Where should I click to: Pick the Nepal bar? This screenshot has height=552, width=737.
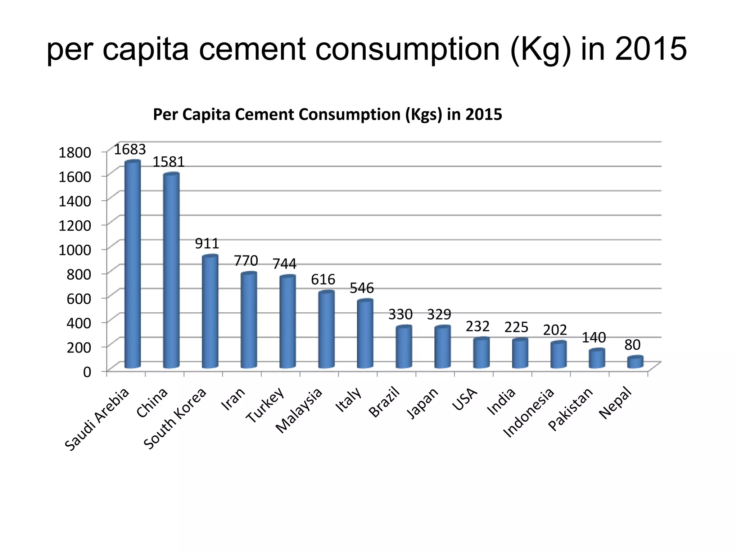(635, 362)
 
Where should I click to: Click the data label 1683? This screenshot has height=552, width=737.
(130, 149)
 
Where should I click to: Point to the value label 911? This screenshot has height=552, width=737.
(207, 244)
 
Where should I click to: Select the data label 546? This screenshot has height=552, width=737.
(362, 288)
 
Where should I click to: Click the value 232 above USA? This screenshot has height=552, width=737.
(478, 326)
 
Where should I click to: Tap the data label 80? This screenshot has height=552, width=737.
(632, 345)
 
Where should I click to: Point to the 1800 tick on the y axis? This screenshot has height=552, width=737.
(75, 152)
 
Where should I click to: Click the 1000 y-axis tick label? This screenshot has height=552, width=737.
(75, 250)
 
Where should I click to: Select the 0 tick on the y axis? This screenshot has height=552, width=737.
(87, 372)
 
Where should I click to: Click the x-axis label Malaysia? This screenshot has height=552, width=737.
(299, 411)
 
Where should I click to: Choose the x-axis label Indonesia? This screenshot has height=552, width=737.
(529, 413)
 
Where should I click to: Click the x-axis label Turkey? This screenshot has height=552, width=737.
(266, 405)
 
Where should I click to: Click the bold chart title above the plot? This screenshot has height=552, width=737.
(327, 115)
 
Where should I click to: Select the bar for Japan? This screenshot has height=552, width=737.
(442, 347)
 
